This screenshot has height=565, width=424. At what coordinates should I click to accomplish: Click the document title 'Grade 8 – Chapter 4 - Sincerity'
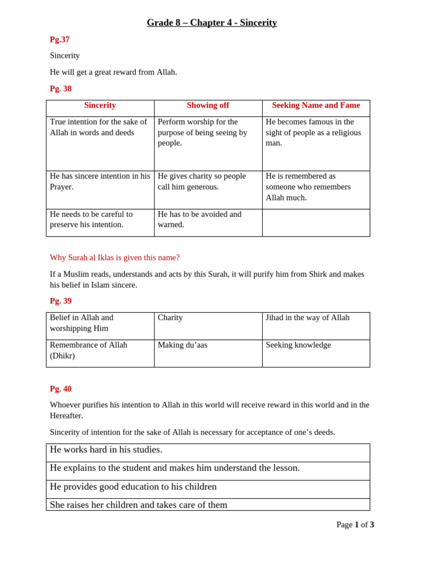(x=211, y=23)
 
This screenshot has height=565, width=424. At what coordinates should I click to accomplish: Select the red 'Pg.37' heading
(x=60, y=40)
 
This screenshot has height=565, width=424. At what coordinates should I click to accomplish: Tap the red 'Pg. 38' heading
(x=61, y=89)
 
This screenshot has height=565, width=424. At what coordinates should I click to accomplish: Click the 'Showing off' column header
(x=208, y=105)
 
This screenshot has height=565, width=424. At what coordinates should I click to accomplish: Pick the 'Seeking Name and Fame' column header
(x=316, y=105)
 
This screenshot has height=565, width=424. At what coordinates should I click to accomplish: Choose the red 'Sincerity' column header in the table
(x=100, y=105)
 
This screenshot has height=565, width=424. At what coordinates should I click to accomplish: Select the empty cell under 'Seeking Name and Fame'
(x=316, y=222)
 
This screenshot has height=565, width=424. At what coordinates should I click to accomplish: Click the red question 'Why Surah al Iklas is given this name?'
(x=115, y=258)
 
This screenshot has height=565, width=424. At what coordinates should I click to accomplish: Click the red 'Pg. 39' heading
(x=61, y=301)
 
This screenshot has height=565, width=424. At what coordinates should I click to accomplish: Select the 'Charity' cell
(x=170, y=318)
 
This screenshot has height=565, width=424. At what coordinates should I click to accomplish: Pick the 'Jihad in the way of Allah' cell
(x=308, y=318)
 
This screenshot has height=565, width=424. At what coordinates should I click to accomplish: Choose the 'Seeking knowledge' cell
(x=298, y=345)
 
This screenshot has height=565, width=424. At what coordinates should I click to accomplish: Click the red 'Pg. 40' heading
(x=61, y=389)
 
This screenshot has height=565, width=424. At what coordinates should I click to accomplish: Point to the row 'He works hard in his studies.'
(x=106, y=450)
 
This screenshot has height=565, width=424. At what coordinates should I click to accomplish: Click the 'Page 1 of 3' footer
(x=355, y=525)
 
